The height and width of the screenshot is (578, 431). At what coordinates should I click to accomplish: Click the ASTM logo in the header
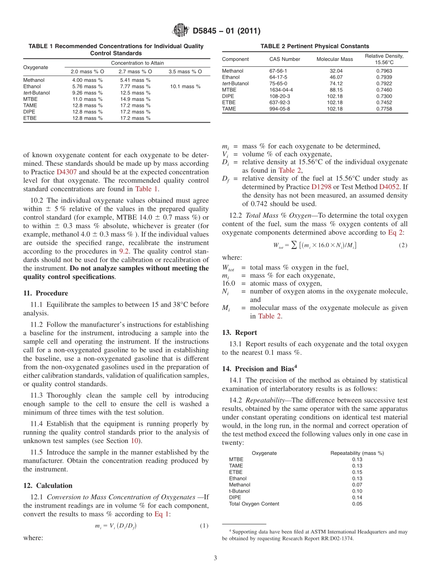181,31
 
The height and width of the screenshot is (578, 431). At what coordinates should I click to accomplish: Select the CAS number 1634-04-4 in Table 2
281,90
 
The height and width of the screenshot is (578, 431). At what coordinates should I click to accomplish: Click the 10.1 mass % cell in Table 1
185,86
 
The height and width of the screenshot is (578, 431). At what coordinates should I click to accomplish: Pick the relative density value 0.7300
384,96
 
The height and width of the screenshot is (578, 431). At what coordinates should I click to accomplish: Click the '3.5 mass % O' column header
185,71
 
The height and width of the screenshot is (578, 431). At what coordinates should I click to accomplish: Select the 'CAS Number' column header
284,59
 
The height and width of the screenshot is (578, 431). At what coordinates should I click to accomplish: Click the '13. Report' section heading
239,333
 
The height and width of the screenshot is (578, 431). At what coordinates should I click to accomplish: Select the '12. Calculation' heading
48,485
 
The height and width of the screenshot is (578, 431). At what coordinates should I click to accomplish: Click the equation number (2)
402,245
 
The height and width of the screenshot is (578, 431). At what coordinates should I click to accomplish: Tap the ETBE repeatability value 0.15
357,472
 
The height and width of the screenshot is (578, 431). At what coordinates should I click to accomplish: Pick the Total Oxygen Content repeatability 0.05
357,504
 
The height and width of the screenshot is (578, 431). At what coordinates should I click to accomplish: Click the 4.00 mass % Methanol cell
88,80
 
